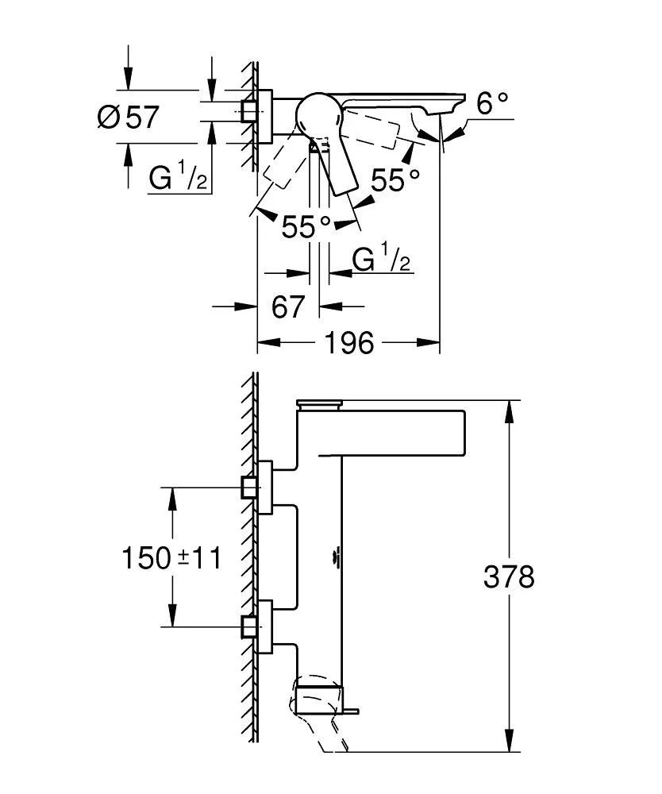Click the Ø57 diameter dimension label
[128, 118]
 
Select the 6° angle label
[491, 103]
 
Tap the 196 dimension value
[349, 344]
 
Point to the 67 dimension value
[287, 306]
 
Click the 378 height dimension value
[509, 577]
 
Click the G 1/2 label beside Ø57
[178, 176]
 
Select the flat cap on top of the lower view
[318, 404]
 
